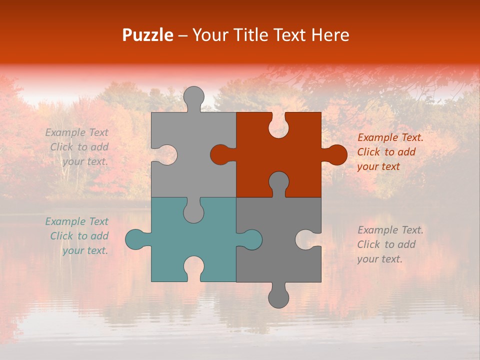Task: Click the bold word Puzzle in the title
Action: (x=148, y=35)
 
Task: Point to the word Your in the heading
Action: (x=209, y=35)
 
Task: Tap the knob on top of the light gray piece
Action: (x=193, y=96)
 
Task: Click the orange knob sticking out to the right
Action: (x=336, y=155)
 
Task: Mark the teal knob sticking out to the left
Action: (x=136, y=239)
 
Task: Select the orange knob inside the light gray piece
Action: (x=221, y=155)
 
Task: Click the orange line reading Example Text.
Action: (x=390, y=137)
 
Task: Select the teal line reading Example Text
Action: (x=76, y=221)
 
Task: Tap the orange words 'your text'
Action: (x=378, y=166)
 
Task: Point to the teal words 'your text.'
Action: (x=85, y=250)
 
